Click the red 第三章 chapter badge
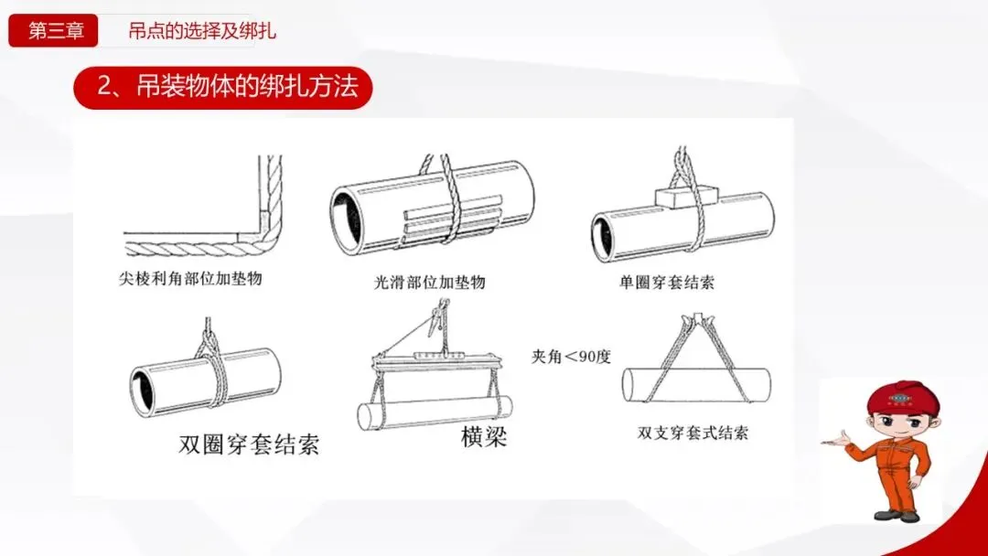pos(53,30)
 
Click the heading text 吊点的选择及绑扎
pos(202,31)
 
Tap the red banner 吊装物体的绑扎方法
pos(223,88)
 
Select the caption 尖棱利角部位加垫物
pos(190,278)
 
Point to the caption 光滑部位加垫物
pos(430,282)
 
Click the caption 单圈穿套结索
pos(667,282)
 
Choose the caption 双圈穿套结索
pos(249,444)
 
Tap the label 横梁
pos(483,435)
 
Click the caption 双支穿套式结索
pos(693,433)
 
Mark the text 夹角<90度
pos(571,357)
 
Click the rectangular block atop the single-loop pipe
pos(683,196)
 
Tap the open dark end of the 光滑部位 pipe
pos(348,219)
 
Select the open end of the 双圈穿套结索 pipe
pos(143,391)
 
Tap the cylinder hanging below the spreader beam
pos(435,413)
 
